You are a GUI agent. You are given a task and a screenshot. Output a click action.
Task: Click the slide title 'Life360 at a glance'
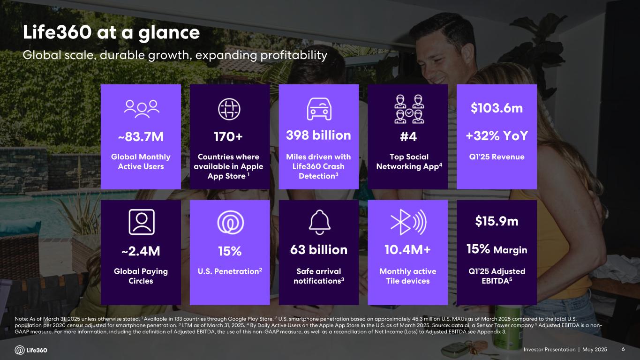pos(112,33)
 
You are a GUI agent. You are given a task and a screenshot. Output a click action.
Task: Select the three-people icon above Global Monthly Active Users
pos(141,108)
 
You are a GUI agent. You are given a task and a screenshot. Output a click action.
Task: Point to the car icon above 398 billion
pos(319,109)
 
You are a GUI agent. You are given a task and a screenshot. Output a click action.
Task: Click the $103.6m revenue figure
pos(497,108)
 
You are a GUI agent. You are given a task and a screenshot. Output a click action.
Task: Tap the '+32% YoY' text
pos(497,135)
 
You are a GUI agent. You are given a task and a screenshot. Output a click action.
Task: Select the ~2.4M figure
pos(141,251)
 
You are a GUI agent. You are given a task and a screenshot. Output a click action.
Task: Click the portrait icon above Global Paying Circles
pos(141,221)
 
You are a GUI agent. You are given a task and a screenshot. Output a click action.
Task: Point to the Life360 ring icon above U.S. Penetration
pos(230,223)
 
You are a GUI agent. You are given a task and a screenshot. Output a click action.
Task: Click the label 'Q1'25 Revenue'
pos(497,157)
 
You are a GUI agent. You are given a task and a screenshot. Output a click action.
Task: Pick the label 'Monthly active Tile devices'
pos(407,276)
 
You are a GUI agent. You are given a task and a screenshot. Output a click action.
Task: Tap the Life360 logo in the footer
pos(31,350)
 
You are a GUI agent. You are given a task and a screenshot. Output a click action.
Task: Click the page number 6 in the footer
pos(623,350)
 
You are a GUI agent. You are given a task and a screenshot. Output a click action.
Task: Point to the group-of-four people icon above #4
pos(407,110)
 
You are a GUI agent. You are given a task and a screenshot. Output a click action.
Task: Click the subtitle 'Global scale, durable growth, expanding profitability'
pos(175,55)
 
